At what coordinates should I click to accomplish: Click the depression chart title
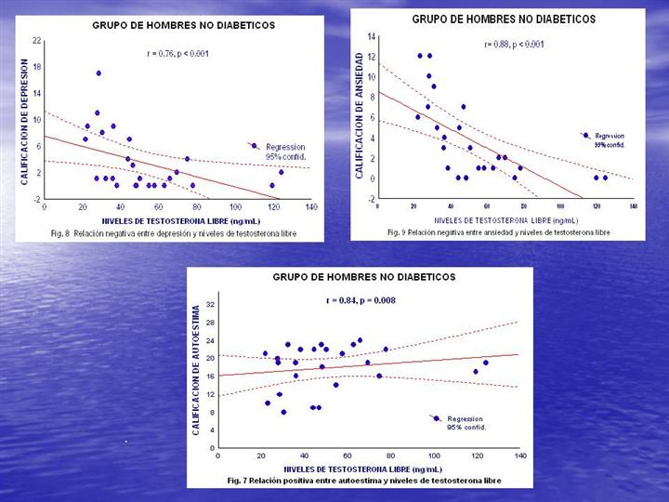tap(183, 25)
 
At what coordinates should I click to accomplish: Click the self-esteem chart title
tap(364, 277)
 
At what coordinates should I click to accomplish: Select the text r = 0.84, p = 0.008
tap(363, 300)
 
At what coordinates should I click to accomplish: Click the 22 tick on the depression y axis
tap(36, 41)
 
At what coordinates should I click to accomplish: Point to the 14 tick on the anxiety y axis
tap(371, 36)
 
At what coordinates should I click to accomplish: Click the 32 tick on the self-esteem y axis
tap(209, 305)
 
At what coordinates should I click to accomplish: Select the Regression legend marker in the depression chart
tap(254, 146)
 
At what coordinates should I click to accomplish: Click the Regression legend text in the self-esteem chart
tap(465, 419)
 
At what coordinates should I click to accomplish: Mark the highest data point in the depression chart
tap(98, 73)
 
